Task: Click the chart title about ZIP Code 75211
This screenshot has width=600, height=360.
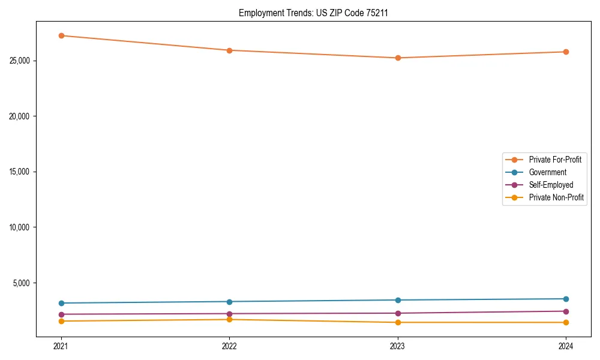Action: coord(313,13)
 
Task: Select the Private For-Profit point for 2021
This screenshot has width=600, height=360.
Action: coord(61,35)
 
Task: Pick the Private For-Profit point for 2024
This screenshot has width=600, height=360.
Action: coord(566,52)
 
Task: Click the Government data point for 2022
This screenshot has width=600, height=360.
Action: coord(229,301)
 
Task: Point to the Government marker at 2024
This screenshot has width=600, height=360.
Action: coord(566,299)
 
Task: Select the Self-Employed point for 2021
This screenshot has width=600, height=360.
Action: coord(61,314)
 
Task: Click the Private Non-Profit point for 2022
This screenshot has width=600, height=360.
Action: coord(229,319)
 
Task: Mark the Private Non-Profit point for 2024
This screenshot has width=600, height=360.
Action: coord(566,323)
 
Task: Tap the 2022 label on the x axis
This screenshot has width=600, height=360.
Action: coord(229,346)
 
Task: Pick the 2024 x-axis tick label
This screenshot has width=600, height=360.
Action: coord(566,346)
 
